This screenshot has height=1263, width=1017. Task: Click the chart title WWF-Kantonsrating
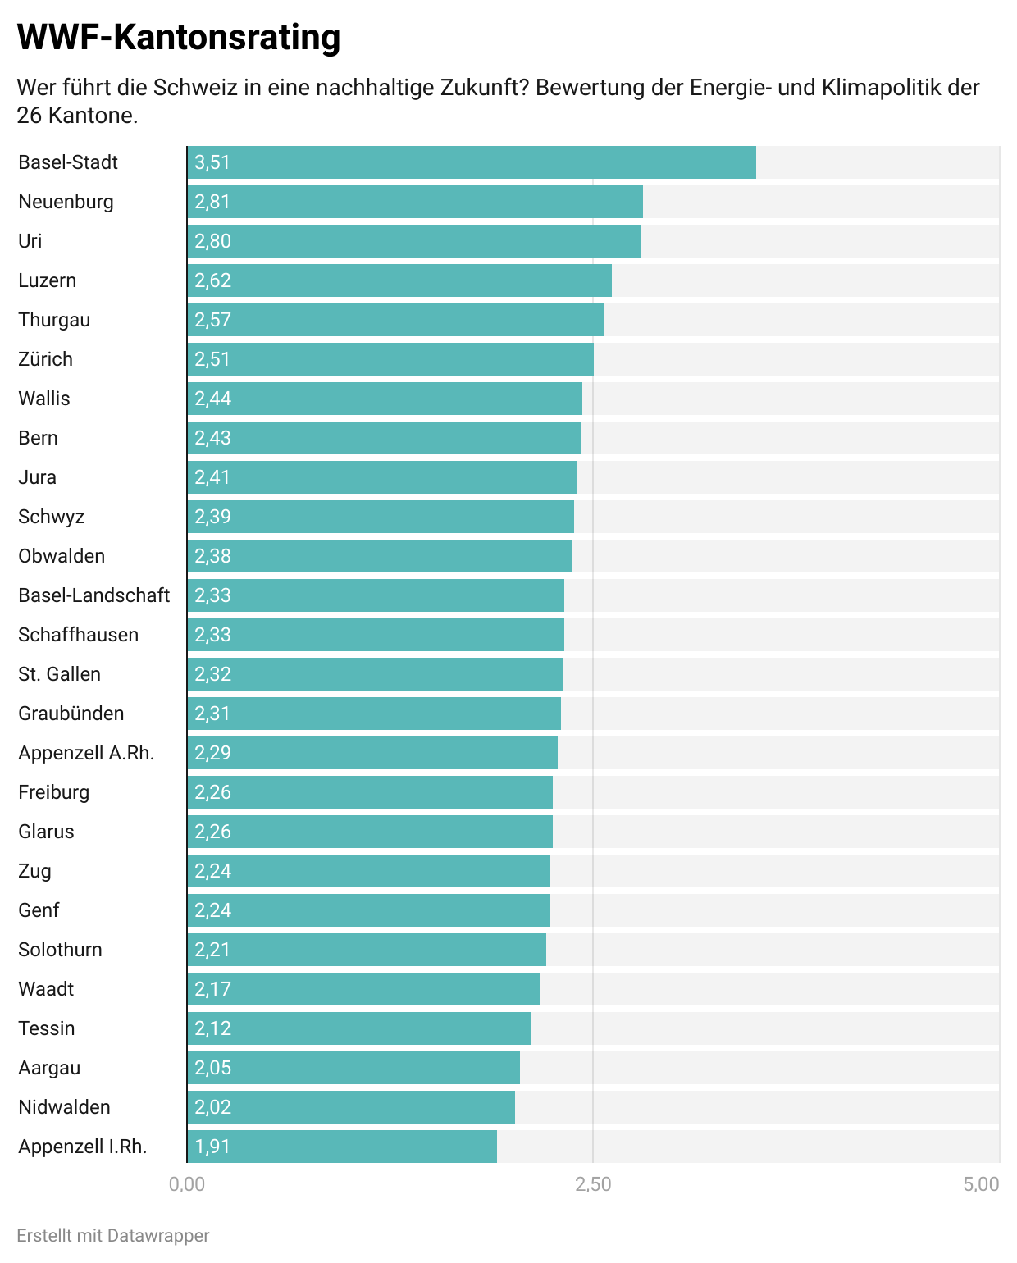[x=178, y=38]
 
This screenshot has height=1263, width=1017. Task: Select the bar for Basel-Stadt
[x=472, y=162]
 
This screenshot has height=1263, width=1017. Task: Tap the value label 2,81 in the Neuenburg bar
[x=212, y=202]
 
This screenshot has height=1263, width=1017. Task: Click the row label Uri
[x=30, y=241]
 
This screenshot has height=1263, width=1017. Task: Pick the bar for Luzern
[x=399, y=280]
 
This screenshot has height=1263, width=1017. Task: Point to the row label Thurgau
[x=54, y=320]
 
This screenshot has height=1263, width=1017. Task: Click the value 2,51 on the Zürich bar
[x=212, y=359]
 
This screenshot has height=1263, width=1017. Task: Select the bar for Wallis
[x=385, y=399]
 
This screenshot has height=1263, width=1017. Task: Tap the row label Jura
[x=38, y=477]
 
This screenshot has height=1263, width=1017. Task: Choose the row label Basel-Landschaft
[x=94, y=595]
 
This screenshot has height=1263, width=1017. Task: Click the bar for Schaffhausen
[x=376, y=635]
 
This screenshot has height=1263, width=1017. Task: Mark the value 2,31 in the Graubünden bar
[x=212, y=714]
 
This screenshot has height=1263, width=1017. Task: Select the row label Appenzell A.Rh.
[x=86, y=753]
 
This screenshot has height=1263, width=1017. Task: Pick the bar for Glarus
[x=370, y=832]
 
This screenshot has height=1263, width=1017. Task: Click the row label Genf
[x=39, y=910]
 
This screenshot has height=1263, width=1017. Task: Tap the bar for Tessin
[x=359, y=1028]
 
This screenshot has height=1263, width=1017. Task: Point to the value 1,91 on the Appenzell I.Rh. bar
[x=212, y=1147]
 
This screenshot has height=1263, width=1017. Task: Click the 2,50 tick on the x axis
[x=593, y=1184]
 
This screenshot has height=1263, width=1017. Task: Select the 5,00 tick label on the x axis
[x=982, y=1184]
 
